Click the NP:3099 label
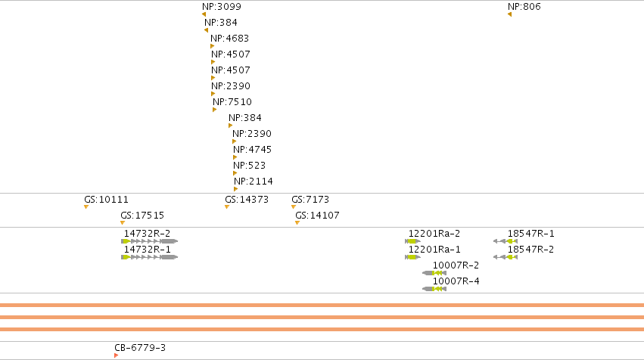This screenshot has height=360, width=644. coord(222,7)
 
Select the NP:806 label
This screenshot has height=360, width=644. coord(524,7)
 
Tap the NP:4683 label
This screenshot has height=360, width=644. coord(229,39)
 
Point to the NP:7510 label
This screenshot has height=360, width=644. coord(232,102)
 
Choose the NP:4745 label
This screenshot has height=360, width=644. coord(252,150)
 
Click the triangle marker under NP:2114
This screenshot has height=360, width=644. coord(236,189)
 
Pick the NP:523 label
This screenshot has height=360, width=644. coord(249,166)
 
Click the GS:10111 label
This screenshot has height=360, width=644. coord(106,200)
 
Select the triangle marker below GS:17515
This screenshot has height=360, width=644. coord(123,223)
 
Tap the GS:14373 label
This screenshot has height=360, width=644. coord(247,200)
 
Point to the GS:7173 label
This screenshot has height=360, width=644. coord(310,200)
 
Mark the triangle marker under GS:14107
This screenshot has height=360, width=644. coord(297,223)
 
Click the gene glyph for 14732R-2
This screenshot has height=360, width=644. coord(150,241)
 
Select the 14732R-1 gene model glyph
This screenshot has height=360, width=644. coord(150,257)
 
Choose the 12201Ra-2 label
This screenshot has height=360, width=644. coord(434,234)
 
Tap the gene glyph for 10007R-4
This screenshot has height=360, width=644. coord(434,289)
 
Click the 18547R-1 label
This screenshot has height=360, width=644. coord(530,234)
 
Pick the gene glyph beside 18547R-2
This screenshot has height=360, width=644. coord(506,257)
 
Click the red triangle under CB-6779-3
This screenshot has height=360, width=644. coord(117,355)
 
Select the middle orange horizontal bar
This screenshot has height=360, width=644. coord(322,318)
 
